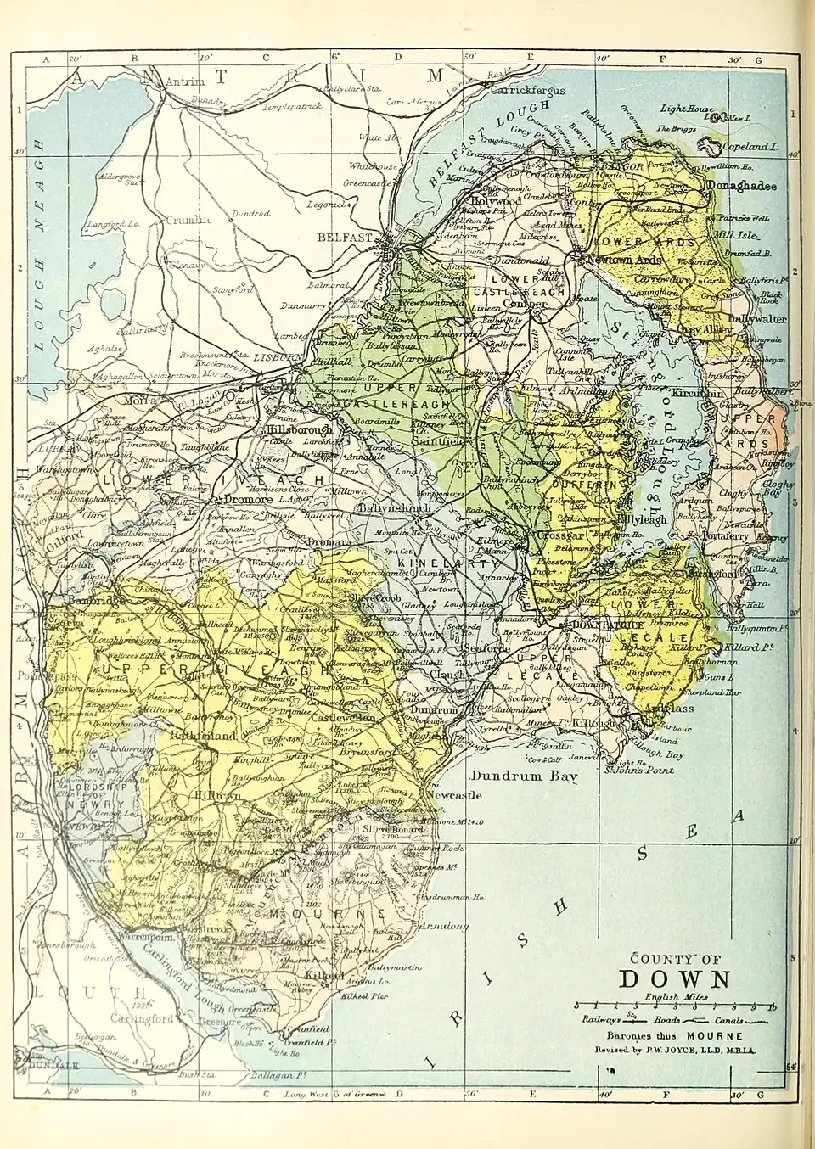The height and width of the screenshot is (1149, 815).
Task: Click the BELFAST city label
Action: click(345, 238)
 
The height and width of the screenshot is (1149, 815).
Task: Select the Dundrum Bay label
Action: click(518, 776)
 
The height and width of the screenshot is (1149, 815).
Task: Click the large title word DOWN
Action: click(675, 978)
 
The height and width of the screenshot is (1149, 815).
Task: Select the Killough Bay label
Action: click(661, 754)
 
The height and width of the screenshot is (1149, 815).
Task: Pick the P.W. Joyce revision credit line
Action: click(676, 1051)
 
